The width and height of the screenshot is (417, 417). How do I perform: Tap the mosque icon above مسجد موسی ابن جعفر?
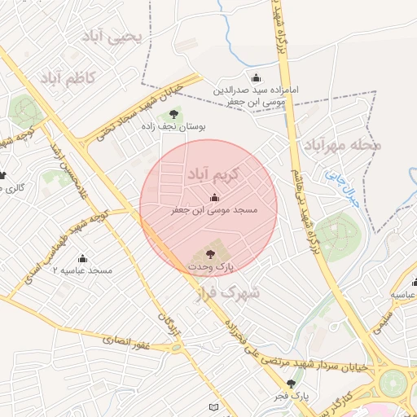tap(214, 196)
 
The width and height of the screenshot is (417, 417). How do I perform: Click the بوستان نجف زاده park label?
tap(173, 127)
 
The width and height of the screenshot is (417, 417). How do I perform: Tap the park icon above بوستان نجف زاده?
tap(173, 114)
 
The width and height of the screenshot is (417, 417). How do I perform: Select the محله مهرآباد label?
tap(343, 145)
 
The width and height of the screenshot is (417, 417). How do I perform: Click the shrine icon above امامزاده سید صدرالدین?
tap(257, 78)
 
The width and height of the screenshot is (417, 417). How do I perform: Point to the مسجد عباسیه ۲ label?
tap(82, 270)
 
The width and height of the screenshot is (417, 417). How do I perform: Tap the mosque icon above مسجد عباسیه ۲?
tap(82, 257)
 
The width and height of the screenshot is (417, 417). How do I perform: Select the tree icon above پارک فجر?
tap(291, 383)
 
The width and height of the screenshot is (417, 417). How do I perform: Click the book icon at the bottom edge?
tap(213, 406)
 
